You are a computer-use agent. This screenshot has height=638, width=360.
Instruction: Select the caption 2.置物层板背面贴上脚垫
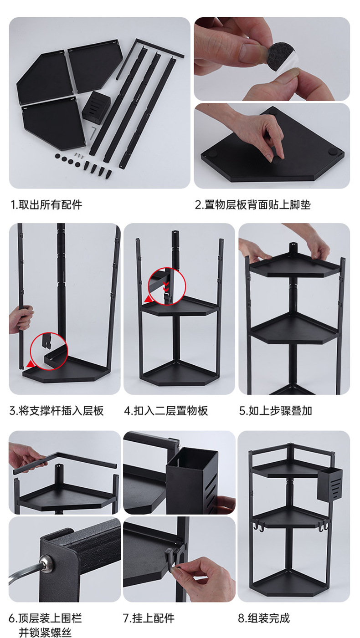[252, 204]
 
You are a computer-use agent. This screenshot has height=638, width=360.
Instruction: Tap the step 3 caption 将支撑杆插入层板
[57, 410]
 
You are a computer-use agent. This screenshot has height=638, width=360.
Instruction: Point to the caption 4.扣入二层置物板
[166, 410]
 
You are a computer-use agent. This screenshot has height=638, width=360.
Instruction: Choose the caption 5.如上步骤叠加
[275, 410]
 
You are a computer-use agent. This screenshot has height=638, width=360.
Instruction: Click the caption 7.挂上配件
[149, 618]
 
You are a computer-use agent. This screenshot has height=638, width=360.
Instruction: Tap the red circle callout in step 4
[167, 286]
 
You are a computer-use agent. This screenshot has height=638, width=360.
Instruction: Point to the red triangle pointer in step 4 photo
[148, 299]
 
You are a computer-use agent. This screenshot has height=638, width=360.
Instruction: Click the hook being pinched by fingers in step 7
[172, 554]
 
